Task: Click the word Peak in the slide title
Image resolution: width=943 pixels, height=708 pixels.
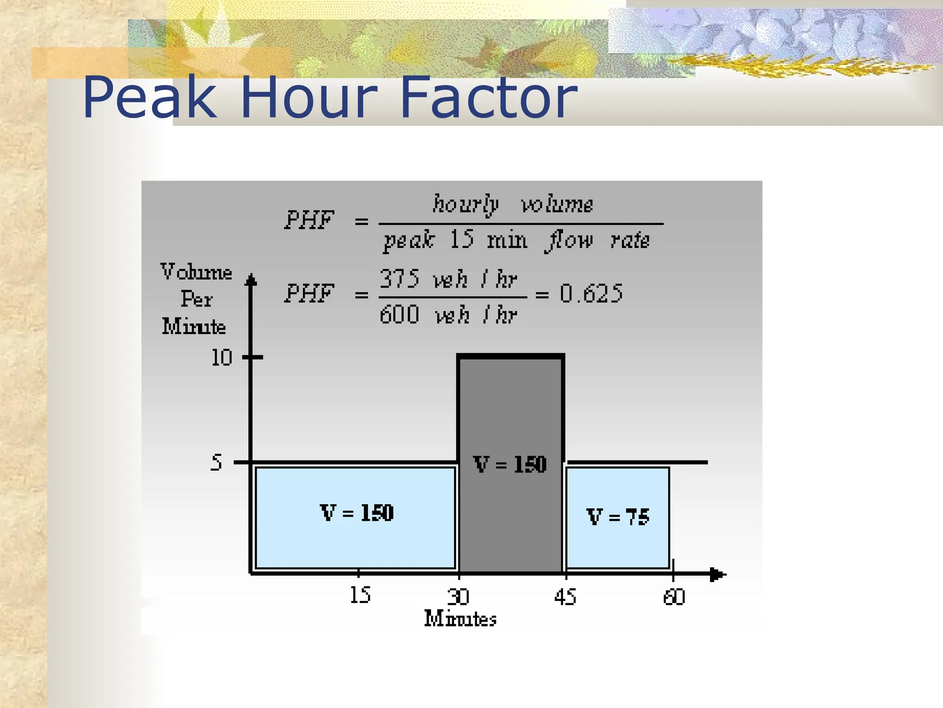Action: tap(149, 98)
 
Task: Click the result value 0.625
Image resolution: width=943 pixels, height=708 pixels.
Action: tap(591, 294)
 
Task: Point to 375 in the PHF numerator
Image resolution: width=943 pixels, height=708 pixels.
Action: tap(399, 279)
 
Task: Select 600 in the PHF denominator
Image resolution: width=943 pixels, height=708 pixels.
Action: tap(399, 315)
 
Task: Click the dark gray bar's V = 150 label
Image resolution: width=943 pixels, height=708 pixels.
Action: tap(510, 464)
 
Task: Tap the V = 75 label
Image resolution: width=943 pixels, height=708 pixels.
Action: tap(617, 517)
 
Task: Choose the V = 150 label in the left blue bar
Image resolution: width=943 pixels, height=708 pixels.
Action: tap(357, 513)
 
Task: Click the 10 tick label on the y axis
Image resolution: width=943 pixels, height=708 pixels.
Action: tap(221, 358)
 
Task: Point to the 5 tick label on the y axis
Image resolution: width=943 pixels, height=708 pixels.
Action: tap(216, 462)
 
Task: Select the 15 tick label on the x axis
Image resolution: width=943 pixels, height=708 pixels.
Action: tap(360, 595)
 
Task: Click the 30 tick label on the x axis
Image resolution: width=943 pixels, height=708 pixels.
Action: tap(458, 597)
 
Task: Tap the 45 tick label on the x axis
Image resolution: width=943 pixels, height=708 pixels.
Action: tap(565, 597)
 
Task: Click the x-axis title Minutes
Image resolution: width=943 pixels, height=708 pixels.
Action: tap(460, 619)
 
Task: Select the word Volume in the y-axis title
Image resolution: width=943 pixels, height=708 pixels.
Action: tap(196, 272)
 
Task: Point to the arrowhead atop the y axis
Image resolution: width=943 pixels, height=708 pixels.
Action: tap(251, 279)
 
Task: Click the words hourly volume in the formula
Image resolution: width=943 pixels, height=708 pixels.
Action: tap(512, 204)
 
